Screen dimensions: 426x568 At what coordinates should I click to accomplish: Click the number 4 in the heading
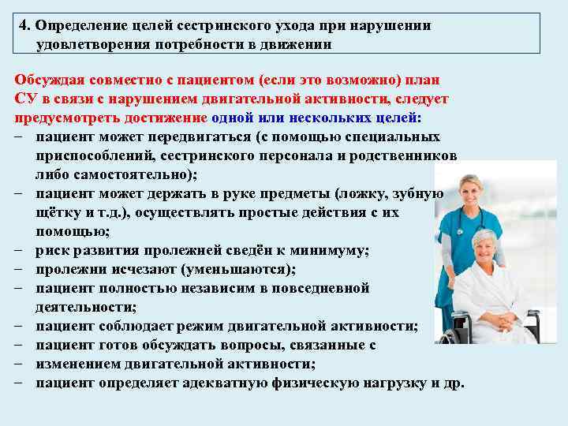tap(24, 25)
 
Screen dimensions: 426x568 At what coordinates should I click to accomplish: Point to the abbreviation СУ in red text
tap(24, 99)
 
